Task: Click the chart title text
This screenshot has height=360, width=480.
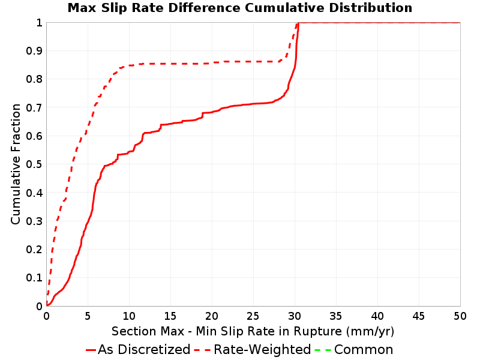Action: pos(240,8)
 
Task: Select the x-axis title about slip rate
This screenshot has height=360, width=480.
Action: pos(253,332)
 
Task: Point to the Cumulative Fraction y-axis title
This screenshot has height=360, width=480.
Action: pos(16,164)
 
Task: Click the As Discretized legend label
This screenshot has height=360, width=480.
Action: pos(144,350)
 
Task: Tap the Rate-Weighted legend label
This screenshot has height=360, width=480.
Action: pos(262,350)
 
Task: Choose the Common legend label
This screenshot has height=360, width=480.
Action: pos(364,350)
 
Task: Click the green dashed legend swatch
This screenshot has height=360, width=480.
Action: pos(323,350)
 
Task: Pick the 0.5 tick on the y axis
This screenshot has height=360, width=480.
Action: pos(34,164)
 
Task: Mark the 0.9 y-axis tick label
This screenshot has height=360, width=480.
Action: pos(34,51)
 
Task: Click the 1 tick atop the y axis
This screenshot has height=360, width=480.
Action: pos(39,23)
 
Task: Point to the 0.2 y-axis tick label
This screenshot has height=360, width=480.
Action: pos(34,250)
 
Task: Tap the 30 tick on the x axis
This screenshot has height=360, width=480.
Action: pos(295,316)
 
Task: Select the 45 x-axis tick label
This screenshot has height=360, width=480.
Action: pos(419,316)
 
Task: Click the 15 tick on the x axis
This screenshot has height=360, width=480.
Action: pos(170,316)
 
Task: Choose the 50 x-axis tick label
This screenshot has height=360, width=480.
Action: pos(460,316)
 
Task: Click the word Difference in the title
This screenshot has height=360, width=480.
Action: pos(204,8)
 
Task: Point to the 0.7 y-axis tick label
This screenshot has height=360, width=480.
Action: pos(34,108)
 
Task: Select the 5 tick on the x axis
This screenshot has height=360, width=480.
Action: pos(88,316)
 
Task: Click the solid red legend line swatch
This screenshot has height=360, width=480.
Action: pos(91,350)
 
